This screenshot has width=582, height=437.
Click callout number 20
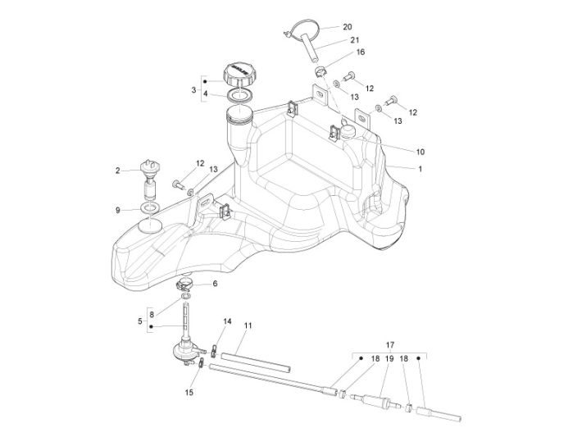tap(348, 26)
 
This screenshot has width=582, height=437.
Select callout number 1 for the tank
tap(421, 169)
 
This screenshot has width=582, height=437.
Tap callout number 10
tap(421, 152)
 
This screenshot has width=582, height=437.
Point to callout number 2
tap(117, 171)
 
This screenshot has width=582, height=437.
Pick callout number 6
tap(215, 284)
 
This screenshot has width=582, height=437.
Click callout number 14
tap(227, 321)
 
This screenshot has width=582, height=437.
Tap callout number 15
tap(189, 393)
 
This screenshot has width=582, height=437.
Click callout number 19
tap(390, 359)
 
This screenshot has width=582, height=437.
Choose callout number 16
tap(360, 52)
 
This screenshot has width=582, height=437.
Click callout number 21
tap(354, 39)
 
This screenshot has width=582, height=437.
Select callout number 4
tap(206, 93)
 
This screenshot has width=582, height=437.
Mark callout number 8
tap(152, 314)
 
